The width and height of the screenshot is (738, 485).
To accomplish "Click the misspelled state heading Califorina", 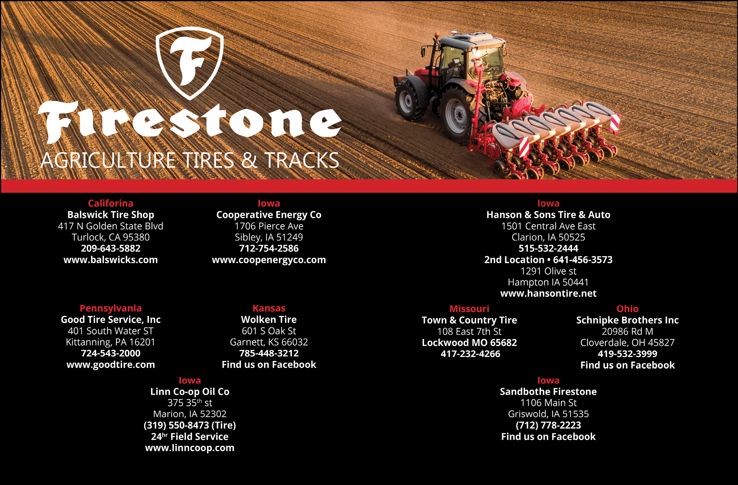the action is [111, 204].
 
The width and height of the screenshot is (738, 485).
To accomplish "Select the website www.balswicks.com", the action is [111, 260].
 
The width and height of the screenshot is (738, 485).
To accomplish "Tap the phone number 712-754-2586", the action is [269, 248].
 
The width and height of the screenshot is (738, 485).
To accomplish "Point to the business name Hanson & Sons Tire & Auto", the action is [548, 215].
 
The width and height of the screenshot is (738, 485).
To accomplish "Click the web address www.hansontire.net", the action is [548, 293].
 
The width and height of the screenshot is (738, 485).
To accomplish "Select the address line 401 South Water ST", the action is [111, 331].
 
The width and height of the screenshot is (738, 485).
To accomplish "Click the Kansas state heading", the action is [269, 308].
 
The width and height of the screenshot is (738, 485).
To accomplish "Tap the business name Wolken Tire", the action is [269, 320].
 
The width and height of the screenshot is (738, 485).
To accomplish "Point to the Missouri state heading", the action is [469, 309].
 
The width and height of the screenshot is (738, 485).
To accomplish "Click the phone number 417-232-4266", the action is [470, 354].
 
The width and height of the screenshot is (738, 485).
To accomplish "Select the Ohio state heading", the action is [627, 309].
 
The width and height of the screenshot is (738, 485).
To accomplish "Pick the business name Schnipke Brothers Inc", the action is [627, 320].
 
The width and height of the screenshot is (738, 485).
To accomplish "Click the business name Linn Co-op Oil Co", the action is [190, 392].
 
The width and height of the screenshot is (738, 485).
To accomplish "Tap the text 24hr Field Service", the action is [190, 437].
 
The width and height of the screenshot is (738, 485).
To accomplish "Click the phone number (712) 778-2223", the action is [548, 425].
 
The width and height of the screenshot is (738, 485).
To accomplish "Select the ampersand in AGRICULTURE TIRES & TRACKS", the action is [249, 160].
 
